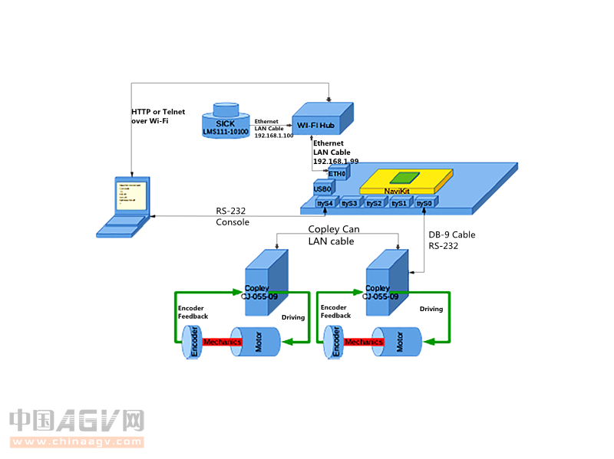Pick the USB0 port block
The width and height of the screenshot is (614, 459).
click(322, 189)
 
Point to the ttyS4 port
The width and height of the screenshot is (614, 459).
click(325, 203)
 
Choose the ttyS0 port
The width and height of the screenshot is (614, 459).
click(424, 203)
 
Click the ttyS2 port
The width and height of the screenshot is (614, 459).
click(374, 203)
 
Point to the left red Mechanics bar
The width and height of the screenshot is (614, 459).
click(223, 342)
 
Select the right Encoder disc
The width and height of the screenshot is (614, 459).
click(332, 343)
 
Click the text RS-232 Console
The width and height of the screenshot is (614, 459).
click(233, 217)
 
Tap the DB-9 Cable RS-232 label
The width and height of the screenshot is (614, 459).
click(451, 241)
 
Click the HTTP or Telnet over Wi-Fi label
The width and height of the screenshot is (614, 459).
click(158, 116)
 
